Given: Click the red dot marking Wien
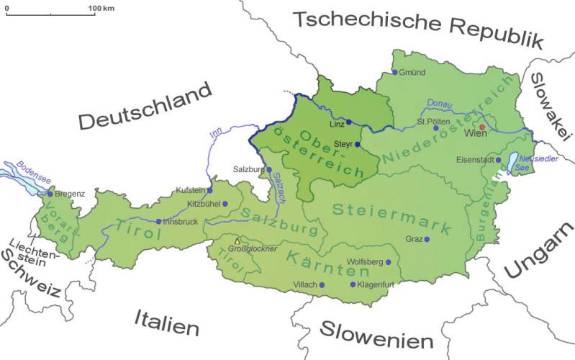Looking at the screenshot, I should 483,126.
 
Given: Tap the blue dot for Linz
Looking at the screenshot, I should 349,122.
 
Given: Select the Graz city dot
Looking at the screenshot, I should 427,239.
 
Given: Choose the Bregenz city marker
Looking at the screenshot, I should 50,194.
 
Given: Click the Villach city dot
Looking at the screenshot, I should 322,285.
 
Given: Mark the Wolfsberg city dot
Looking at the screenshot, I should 389,263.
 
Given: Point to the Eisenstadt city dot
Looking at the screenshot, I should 498,160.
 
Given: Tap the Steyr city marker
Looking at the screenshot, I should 357,144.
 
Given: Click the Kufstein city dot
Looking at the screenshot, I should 210,190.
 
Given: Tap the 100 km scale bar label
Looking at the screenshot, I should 101,7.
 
